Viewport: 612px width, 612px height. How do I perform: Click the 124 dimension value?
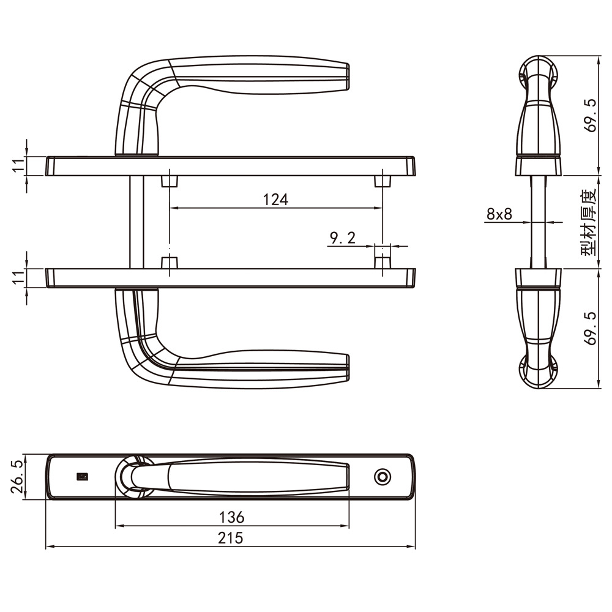click(275, 200)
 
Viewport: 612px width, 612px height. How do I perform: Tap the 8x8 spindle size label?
click(499, 214)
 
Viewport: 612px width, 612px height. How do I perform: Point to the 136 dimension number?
click(231, 517)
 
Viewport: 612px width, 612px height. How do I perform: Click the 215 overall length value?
click(231, 538)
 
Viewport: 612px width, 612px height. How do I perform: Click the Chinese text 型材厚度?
click(589, 222)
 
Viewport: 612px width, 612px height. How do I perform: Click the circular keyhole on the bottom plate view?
click(382, 477)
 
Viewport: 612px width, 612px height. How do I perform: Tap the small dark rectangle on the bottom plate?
click(83, 477)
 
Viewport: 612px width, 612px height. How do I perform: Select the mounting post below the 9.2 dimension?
click(382, 262)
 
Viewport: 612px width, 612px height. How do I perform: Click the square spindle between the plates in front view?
click(136, 222)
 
